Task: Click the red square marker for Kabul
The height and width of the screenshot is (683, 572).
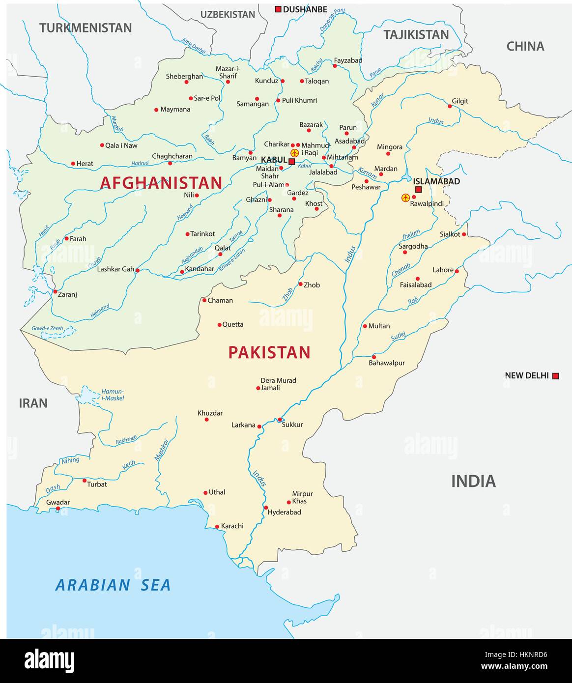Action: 291,161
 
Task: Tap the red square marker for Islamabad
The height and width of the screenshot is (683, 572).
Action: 418,190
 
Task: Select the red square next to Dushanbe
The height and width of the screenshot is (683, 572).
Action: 278,9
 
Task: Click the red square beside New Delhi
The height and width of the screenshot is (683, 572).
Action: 555,376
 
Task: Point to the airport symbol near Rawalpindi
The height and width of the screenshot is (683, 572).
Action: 405,198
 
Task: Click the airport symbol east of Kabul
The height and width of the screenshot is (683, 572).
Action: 294,153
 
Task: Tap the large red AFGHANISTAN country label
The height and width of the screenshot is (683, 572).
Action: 161,183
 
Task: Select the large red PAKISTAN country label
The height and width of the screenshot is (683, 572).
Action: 269,352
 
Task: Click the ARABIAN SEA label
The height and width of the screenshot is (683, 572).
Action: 113,585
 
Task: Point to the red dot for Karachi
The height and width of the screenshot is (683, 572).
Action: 217,527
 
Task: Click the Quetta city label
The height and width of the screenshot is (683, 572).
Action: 233,324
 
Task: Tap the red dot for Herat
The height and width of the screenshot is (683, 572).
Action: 73,164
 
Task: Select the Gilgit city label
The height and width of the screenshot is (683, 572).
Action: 460,101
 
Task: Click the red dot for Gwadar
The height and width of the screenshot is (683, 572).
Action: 58,509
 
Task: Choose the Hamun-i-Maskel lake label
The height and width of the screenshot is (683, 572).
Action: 113,395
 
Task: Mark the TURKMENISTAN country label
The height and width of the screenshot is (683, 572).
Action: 86,28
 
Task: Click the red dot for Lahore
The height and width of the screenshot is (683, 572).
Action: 457,271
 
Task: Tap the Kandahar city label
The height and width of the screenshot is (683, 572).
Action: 200,269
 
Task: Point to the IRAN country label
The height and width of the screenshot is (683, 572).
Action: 33,403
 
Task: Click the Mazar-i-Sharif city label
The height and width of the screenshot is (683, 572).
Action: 228,73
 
